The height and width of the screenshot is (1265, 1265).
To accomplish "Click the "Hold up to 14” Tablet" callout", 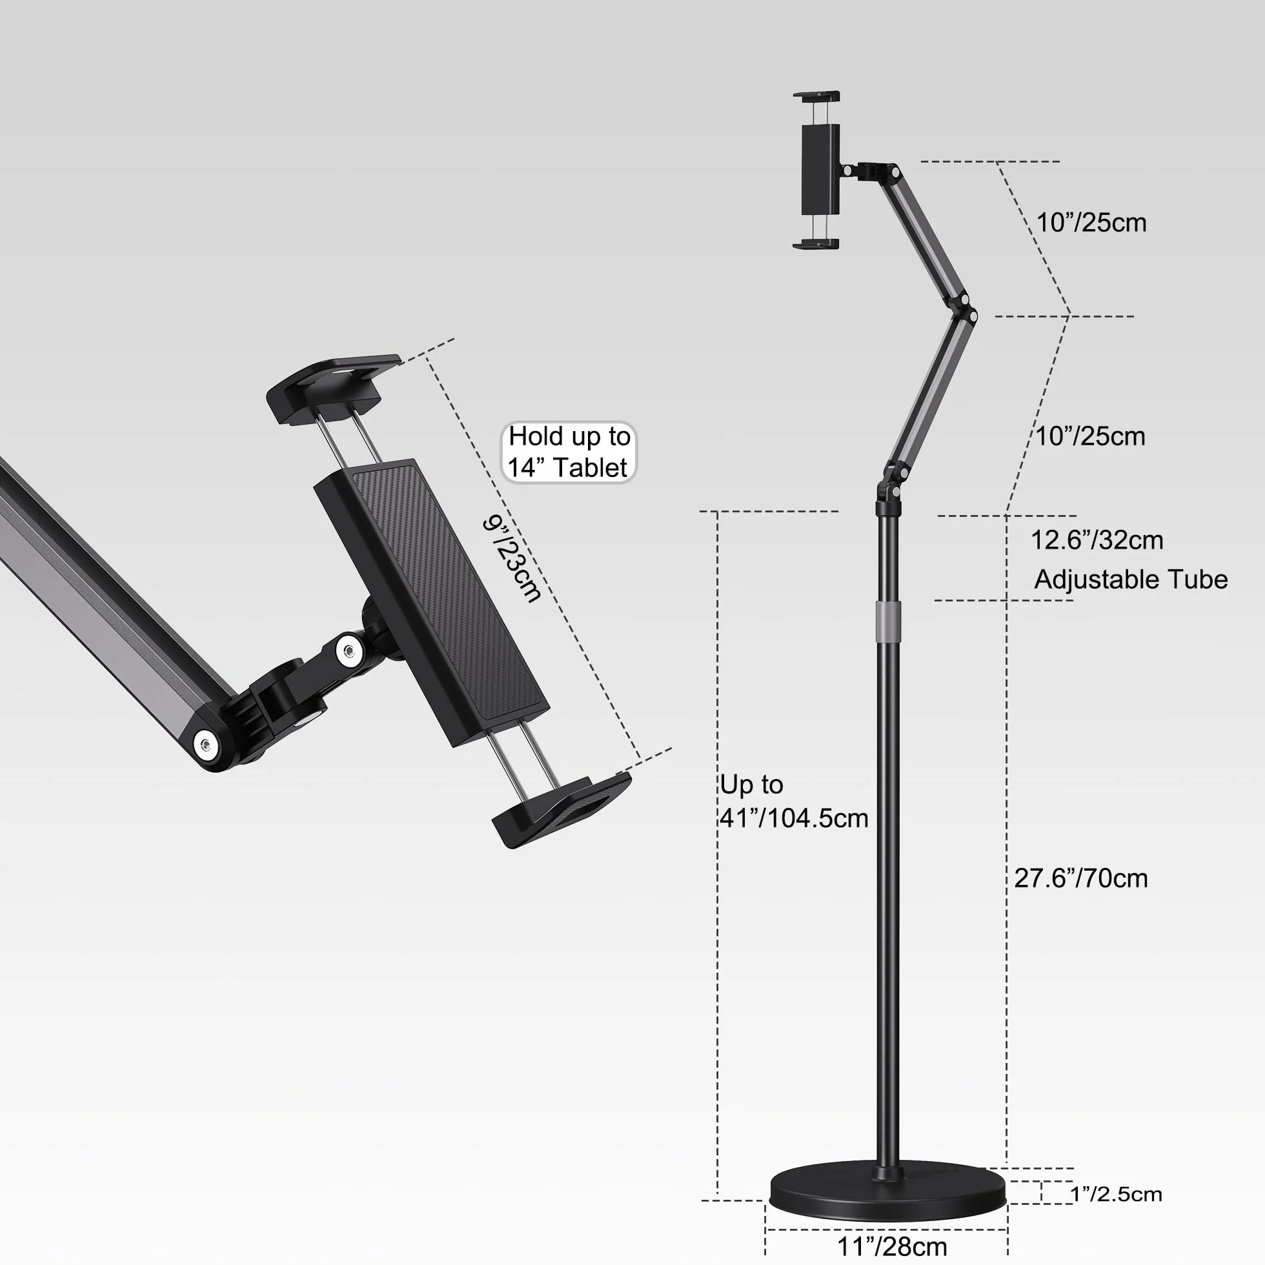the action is (x=569, y=452).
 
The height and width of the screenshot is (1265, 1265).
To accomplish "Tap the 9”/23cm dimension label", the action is (x=512, y=558).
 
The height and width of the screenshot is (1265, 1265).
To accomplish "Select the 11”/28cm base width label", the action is (x=893, y=1246).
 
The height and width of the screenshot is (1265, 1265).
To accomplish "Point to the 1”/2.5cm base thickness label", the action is (x=1116, y=1193).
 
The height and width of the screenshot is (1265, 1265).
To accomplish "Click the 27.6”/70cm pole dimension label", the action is (x=1081, y=878).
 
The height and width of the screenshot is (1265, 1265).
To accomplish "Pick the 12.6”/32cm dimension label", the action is (x=1097, y=540).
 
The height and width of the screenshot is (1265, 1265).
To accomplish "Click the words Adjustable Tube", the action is (x=1131, y=580).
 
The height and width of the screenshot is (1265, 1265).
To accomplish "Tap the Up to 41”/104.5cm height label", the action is (x=794, y=802).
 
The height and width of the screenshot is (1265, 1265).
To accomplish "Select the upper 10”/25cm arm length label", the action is (x=1091, y=223).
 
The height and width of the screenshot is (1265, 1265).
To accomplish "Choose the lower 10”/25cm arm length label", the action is (x=1090, y=436).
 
